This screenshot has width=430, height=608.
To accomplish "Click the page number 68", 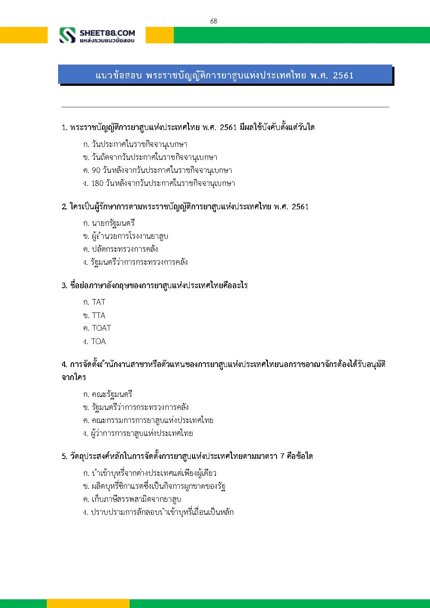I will click(x=214, y=21).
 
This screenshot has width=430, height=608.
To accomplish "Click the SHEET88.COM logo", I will click(x=97, y=36).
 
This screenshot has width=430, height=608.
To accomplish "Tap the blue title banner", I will click(x=225, y=75).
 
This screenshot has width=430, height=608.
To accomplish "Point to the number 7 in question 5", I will click(x=282, y=456).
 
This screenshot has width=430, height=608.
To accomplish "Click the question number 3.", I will click(x=64, y=286).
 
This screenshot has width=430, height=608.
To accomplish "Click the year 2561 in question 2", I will click(x=300, y=207).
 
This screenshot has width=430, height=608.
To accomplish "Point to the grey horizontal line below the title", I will click(x=225, y=107).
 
